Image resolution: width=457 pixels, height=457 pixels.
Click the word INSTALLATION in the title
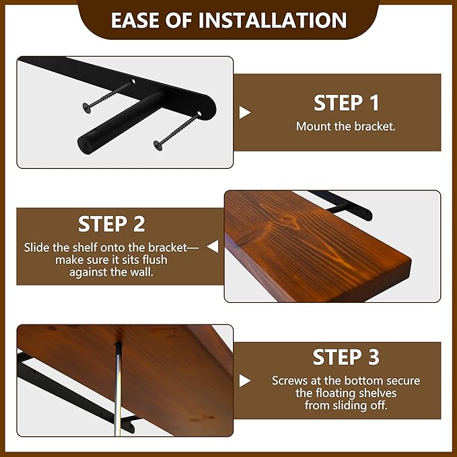pyautogui.click(x=273, y=20)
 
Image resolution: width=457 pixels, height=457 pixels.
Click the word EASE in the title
pyautogui.click(x=135, y=20)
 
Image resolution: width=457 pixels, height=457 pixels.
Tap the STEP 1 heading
pyautogui.click(x=346, y=103)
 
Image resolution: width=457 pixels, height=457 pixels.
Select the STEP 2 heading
pyautogui.click(x=111, y=224)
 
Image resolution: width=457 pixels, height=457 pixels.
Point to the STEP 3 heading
pyautogui.click(x=346, y=357)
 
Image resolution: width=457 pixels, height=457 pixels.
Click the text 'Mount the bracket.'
pyautogui.click(x=346, y=127)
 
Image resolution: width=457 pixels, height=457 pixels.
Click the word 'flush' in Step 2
pyautogui.click(x=155, y=260)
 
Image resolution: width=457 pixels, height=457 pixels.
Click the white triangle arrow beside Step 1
pyautogui.click(x=244, y=112)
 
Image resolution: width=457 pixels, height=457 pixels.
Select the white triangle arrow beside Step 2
pyautogui.click(x=213, y=246)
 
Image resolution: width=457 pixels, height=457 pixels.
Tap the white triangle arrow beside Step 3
pyautogui.click(x=244, y=381)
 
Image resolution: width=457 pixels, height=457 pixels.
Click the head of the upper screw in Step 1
pyautogui.click(x=87, y=108)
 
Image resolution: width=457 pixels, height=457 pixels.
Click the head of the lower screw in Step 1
pyautogui.click(x=158, y=145)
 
